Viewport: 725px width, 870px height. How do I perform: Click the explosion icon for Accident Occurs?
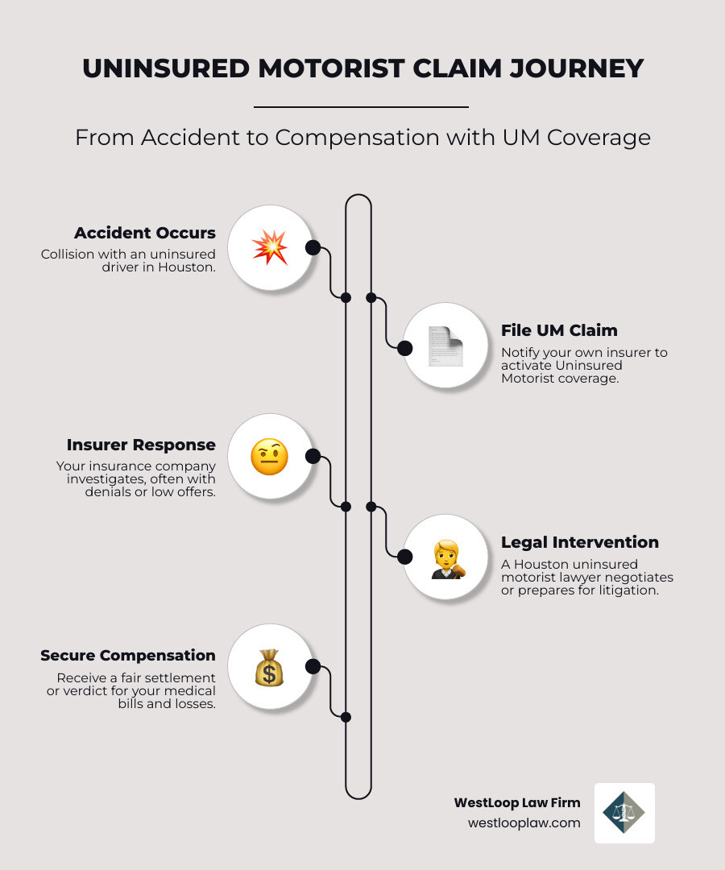(269, 246)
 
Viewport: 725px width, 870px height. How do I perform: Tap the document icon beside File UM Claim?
(445, 346)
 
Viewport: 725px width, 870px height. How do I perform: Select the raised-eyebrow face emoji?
(269, 457)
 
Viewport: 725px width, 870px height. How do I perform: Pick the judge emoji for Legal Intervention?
(445, 556)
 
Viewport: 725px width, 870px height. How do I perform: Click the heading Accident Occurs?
(145, 233)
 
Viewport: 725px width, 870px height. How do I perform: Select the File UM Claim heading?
(559, 329)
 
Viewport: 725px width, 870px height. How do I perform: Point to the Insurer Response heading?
(141, 445)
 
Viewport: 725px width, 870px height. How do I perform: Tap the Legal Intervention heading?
(580, 541)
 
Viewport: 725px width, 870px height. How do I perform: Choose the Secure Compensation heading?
(128, 655)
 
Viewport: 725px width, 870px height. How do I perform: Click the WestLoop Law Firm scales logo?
(624, 813)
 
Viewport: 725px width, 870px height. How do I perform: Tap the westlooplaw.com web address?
(524, 822)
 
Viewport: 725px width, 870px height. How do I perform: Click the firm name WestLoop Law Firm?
(517, 802)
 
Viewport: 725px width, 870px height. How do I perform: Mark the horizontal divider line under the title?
(361, 106)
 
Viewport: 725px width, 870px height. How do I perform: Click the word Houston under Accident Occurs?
(191, 267)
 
